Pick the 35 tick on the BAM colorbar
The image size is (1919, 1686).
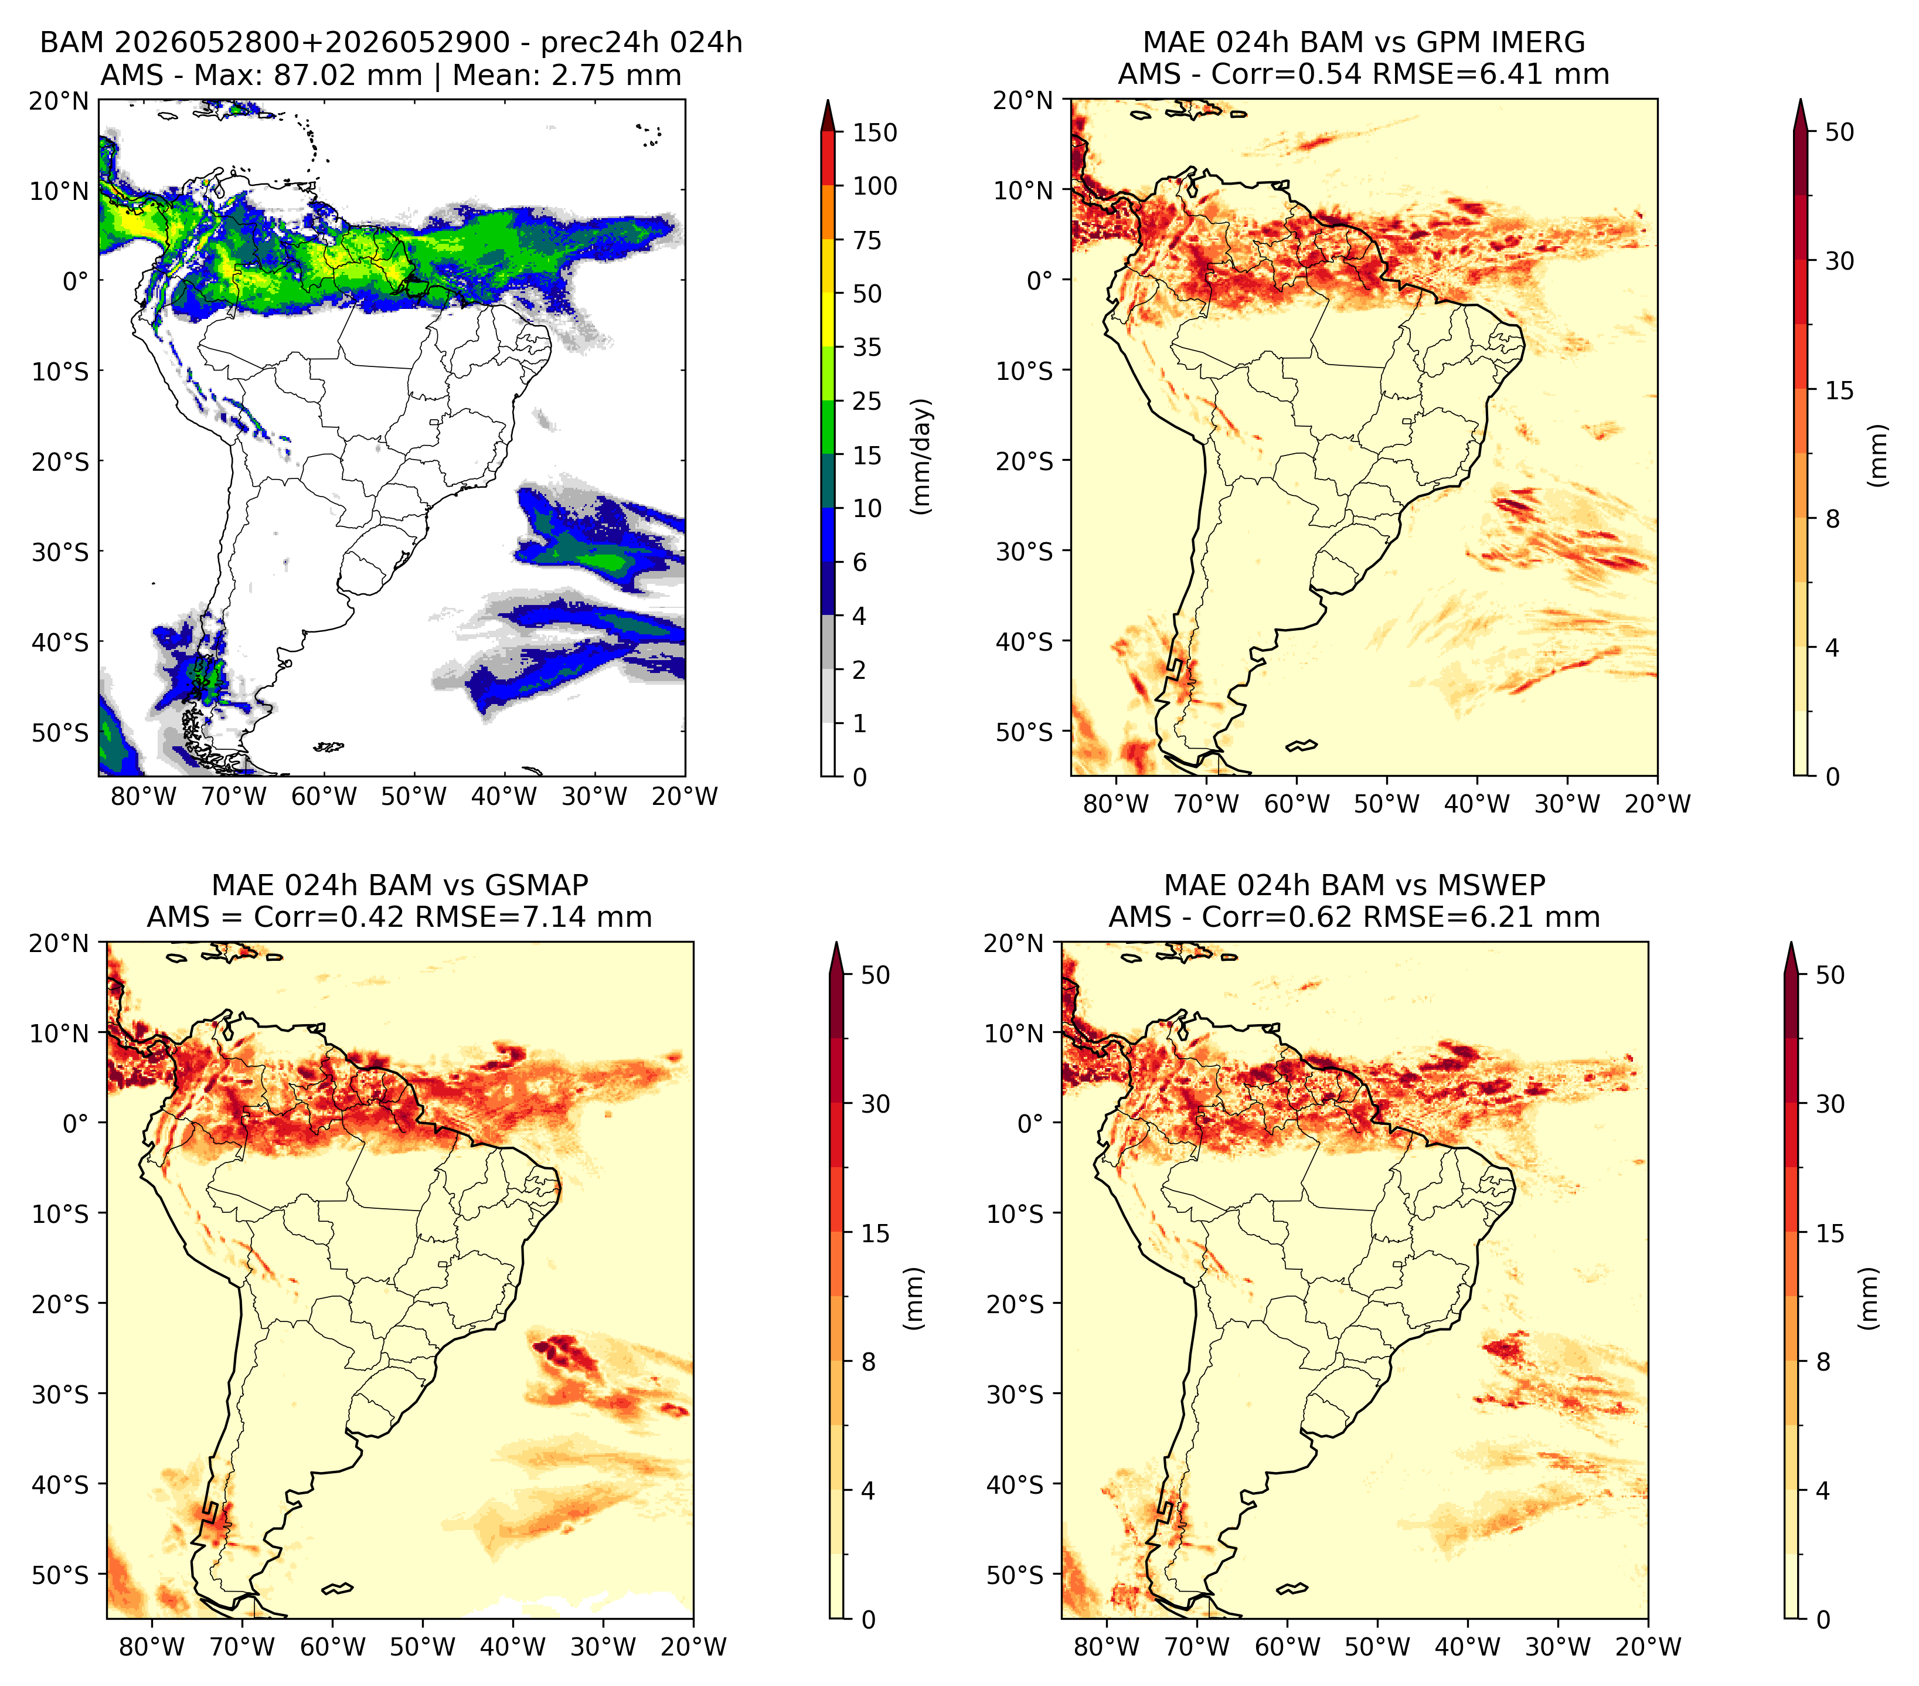[867, 347]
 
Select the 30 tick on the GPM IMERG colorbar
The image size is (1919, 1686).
[1839, 261]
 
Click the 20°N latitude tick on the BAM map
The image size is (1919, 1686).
[58, 100]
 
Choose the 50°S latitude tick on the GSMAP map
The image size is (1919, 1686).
[60, 1574]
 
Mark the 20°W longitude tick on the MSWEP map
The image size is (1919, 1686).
[1649, 1647]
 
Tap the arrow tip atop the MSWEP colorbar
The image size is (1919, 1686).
[1791, 943]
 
